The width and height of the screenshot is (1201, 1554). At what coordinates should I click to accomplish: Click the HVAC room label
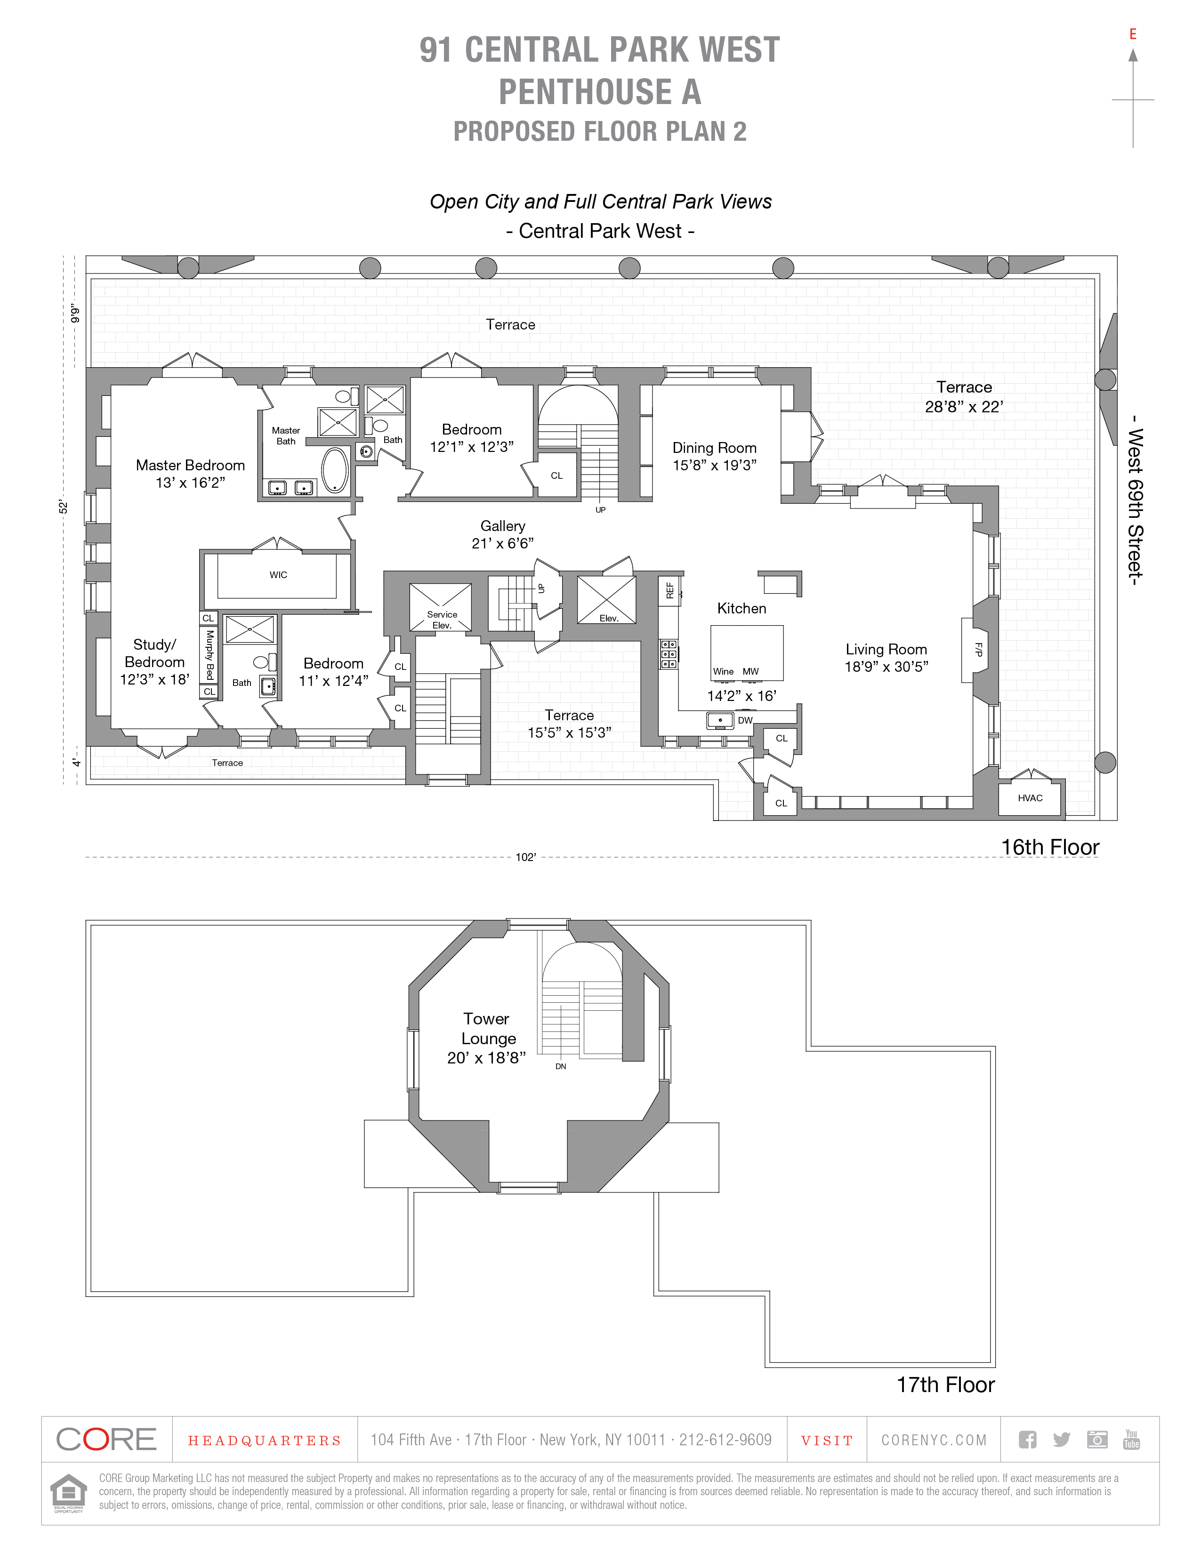[x=1030, y=797]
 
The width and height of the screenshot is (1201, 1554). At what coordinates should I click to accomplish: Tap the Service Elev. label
[x=442, y=620]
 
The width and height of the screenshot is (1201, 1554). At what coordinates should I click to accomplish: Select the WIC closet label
[x=278, y=575]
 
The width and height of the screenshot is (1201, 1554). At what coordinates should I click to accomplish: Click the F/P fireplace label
[x=978, y=649]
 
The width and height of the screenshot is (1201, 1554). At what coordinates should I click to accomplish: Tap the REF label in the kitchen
[x=669, y=590]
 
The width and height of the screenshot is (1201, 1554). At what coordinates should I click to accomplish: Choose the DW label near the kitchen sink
[x=745, y=720]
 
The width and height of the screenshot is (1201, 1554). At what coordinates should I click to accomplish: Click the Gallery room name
[x=502, y=526]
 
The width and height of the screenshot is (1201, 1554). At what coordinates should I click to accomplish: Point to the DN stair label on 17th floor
[x=561, y=1067]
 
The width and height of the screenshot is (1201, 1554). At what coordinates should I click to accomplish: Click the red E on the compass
[x=1133, y=34]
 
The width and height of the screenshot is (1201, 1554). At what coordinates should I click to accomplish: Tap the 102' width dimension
[x=525, y=857]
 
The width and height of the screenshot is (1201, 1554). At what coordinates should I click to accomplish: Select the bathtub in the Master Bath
[x=334, y=470]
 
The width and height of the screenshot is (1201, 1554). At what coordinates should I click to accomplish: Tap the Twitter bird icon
[x=1062, y=1440]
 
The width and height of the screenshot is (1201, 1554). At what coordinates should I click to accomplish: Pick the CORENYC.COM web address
[x=934, y=1440]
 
